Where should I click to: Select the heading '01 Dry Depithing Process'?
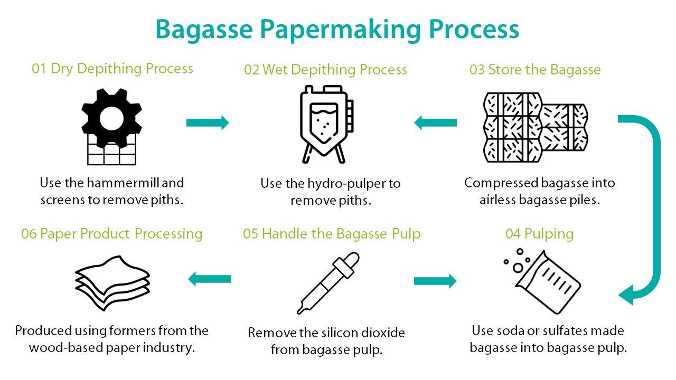[x=112, y=69]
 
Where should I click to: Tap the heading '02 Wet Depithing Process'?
[x=325, y=70]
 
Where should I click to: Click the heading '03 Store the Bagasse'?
[x=535, y=70]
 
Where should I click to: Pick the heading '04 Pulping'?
[x=539, y=234]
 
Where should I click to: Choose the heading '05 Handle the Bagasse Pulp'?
[x=332, y=234]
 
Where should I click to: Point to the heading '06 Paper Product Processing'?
[x=112, y=234]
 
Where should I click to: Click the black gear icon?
[x=111, y=119]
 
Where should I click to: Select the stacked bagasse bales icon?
[x=536, y=126]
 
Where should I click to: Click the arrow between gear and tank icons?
[x=208, y=123]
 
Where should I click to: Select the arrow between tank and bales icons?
[x=435, y=123]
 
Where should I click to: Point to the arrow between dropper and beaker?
[x=435, y=281]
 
